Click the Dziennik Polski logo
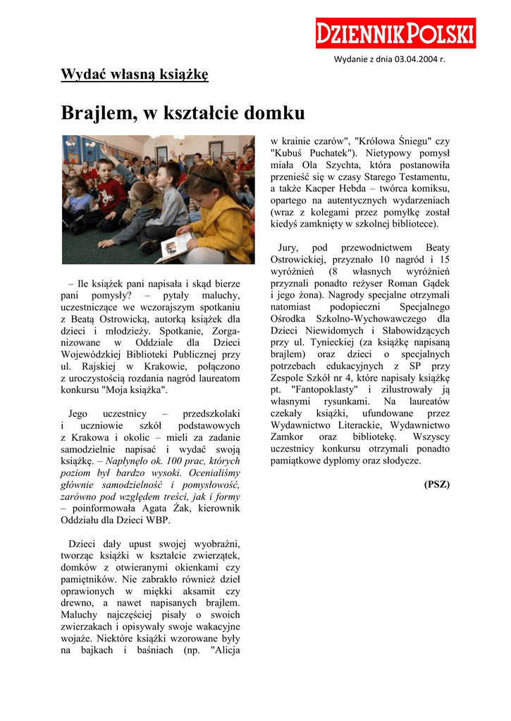click(395, 33)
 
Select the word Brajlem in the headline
click(97, 113)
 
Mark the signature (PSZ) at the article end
click(436, 484)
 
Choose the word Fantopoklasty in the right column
click(321, 389)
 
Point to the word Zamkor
click(288, 437)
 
